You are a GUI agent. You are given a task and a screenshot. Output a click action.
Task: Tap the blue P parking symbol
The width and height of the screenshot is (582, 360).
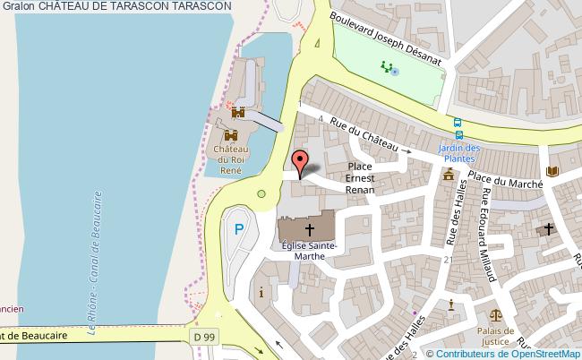point(238,229)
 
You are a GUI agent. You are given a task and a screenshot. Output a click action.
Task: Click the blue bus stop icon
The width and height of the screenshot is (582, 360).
point(458,124)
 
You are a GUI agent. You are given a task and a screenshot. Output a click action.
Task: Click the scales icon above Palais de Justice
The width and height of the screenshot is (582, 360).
point(495,315)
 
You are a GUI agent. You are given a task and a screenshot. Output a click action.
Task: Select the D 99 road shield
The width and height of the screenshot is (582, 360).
point(205,335)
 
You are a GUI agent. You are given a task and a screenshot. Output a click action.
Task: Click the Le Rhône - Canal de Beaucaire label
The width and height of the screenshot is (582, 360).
point(96,260)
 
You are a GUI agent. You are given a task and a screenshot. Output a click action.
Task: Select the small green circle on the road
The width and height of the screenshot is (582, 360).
point(261,193)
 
